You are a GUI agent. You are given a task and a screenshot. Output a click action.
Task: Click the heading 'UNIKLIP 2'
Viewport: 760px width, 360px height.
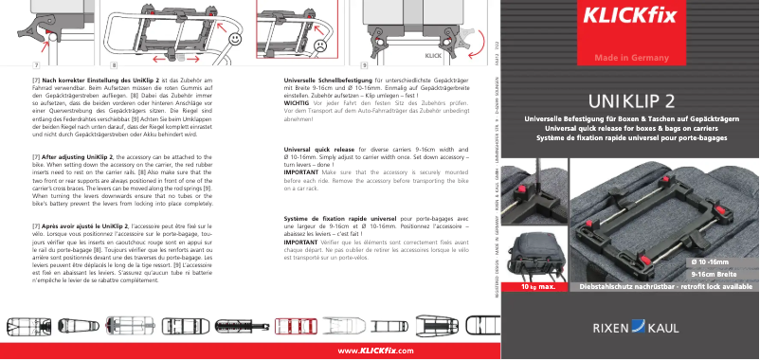pyautogui.click(x=630, y=99)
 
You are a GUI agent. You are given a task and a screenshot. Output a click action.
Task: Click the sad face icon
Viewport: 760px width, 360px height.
pyautogui.click(x=319, y=44)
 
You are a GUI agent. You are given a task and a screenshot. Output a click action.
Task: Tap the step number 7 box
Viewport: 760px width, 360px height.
pyautogui.click(x=36, y=65)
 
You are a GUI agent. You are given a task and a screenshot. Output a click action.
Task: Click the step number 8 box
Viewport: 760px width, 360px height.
pyautogui.click(x=113, y=65)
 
